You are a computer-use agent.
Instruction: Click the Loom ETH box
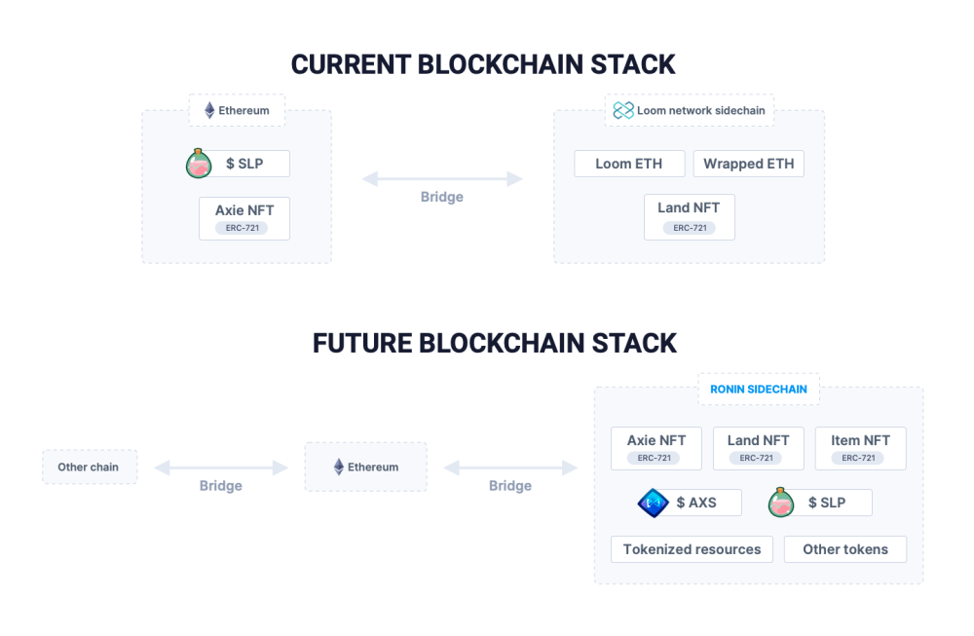coord(629,164)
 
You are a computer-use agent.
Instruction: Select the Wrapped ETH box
coord(748,164)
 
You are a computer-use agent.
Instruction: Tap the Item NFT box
coord(860,448)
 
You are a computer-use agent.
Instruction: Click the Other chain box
coord(90,468)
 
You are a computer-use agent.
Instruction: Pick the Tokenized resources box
coord(692,549)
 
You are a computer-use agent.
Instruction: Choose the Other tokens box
coord(845,549)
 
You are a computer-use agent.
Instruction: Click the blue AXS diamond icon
coord(653,504)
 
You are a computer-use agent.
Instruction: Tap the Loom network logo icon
coord(623,111)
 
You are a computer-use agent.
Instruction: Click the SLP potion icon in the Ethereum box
coord(199,164)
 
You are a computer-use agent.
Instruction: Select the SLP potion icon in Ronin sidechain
coord(781,503)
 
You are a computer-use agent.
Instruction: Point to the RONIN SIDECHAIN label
coord(759,390)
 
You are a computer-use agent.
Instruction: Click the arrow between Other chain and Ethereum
coord(221,468)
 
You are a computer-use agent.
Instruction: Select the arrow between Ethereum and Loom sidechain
coord(442,179)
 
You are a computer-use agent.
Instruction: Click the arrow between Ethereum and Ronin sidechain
coord(510,468)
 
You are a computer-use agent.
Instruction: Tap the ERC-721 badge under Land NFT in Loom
coord(690,228)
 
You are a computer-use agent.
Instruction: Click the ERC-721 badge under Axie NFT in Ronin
coord(655,459)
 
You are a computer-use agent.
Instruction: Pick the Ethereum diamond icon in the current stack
coord(210,111)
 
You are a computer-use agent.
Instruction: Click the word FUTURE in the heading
coord(362,344)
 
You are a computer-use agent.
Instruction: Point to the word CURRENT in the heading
coord(351,64)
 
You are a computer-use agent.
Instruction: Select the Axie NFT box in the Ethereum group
coord(244,218)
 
